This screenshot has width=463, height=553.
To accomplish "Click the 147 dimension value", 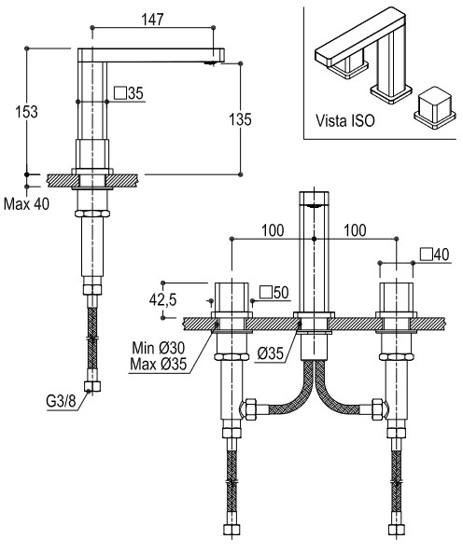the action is pyautogui.click(x=153, y=20).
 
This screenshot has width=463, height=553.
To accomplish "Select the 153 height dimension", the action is pyautogui.click(x=26, y=112).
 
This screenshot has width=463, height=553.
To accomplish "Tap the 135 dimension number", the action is pyautogui.click(x=240, y=119).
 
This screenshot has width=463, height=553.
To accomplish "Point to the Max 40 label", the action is pyautogui.click(x=26, y=204).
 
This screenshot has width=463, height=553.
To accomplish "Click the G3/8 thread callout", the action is pyautogui.click(x=61, y=401).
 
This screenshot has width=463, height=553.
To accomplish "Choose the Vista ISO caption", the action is pyautogui.click(x=345, y=121).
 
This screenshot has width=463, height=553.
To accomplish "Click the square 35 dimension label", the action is pyautogui.click(x=129, y=93).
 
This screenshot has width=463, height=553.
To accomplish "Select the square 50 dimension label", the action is pyautogui.click(x=274, y=293).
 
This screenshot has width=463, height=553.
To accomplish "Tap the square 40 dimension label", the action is pyautogui.click(x=435, y=255).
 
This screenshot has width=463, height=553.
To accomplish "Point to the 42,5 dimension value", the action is pyautogui.click(x=162, y=300).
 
